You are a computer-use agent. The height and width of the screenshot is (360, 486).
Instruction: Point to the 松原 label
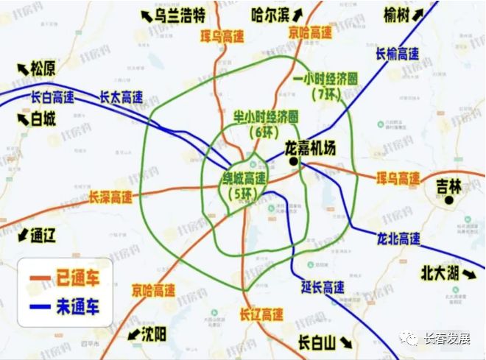point(43,69)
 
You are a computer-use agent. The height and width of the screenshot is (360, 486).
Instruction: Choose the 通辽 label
point(43,236)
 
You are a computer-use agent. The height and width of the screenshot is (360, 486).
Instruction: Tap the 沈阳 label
point(153,335)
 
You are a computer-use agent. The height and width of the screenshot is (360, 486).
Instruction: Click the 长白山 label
point(316,342)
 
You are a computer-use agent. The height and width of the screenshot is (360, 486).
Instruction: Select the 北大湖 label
point(439,272)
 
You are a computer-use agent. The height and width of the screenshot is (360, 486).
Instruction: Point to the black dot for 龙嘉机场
point(292,161)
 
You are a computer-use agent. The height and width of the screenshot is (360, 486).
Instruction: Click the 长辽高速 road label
point(261,314)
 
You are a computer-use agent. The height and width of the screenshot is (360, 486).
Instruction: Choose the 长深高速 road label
point(110,197)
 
